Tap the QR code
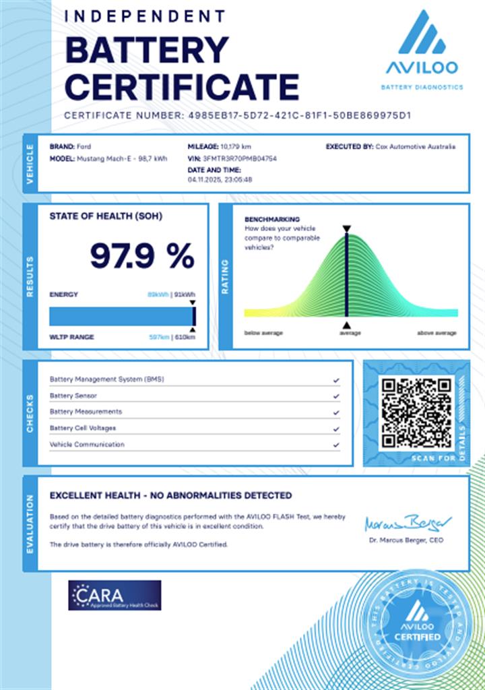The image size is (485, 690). [x=416, y=413]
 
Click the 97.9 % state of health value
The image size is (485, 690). [x=142, y=256]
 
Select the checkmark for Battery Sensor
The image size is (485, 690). [x=335, y=396]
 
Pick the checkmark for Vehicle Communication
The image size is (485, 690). [x=335, y=445]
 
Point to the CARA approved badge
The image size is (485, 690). [x=115, y=596]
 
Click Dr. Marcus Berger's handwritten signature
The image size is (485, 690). [x=408, y=523]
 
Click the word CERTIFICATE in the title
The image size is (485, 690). [x=182, y=86]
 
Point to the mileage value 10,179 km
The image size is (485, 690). [x=236, y=146]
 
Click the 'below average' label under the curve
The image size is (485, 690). [x=263, y=333]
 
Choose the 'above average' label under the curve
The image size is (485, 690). [x=437, y=333]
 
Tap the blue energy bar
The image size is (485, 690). [x=121, y=316]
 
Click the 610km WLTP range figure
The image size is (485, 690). [x=185, y=337]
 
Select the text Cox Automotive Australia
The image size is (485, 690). [x=415, y=146]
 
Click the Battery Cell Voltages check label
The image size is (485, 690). [x=83, y=429]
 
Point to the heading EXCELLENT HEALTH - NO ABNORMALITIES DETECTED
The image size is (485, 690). [x=170, y=495]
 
